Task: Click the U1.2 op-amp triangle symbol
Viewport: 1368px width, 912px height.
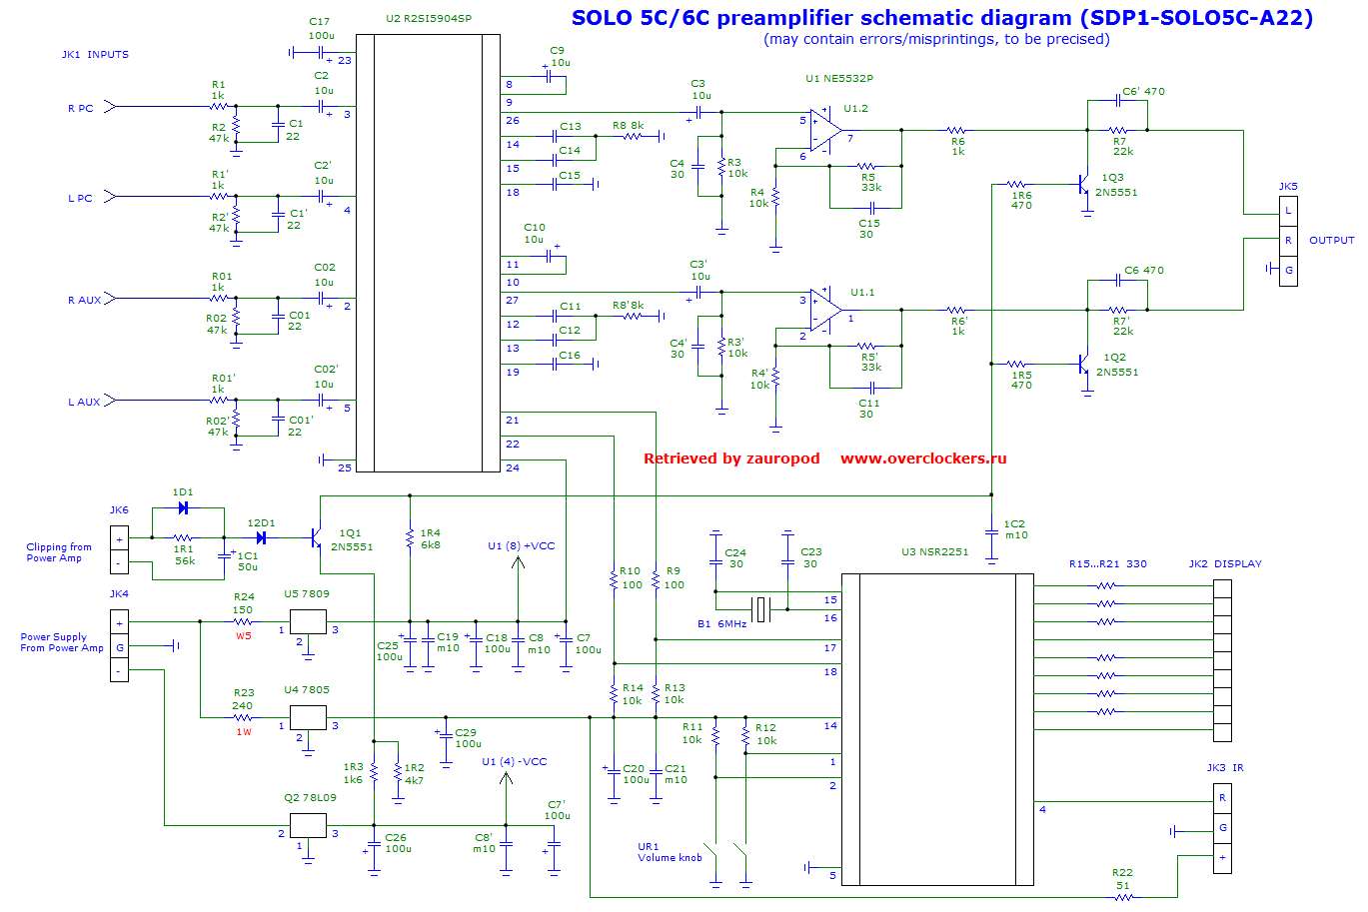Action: point(824,131)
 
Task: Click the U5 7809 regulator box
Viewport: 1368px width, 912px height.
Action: point(308,621)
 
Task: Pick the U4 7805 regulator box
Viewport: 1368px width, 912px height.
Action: point(308,717)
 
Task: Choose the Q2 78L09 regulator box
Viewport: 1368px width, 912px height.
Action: point(308,826)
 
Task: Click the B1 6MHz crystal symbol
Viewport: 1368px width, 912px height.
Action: point(762,608)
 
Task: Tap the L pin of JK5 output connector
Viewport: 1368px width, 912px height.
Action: point(1288,210)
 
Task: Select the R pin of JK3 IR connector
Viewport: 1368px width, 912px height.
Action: point(1222,798)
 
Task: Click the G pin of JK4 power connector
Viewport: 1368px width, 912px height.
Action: point(119,646)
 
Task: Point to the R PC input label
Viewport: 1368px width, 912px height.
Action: point(80,108)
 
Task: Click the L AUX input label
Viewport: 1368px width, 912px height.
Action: point(84,402)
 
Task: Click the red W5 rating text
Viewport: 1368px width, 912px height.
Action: point(243,634)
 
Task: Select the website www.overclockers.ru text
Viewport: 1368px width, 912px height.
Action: point(923,458)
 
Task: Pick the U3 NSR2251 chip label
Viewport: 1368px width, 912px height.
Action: point(934,551)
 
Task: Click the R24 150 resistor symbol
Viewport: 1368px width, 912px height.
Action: point(243,621)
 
